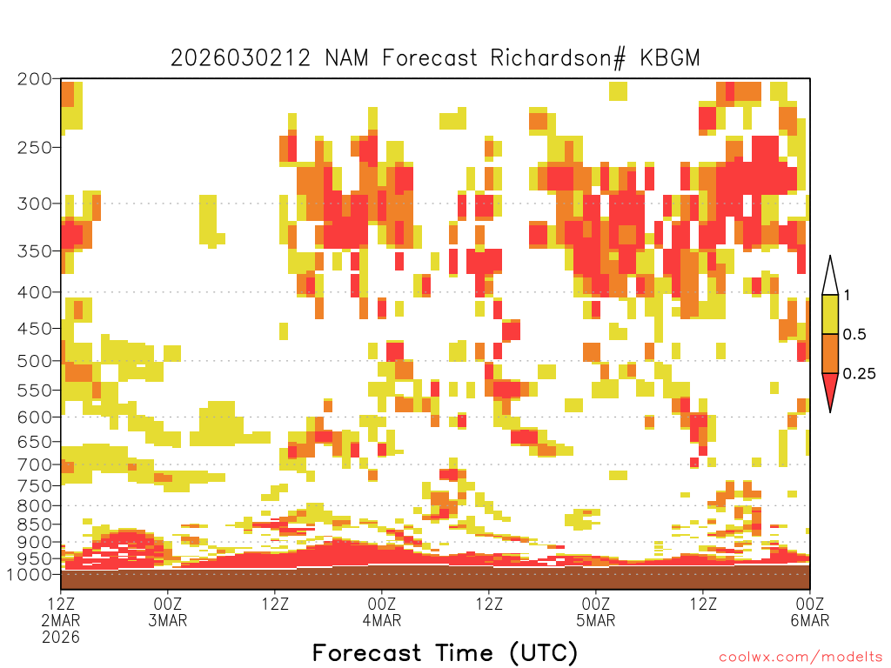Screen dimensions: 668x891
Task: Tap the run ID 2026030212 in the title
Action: pos(240,58)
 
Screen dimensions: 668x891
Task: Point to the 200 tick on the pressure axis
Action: pos(34,78)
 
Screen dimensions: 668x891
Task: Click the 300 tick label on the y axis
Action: pos(34,204)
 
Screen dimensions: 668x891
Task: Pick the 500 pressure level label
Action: pos(34,360)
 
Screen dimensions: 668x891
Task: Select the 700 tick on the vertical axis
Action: pos(34,464)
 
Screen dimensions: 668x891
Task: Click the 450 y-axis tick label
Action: pos(34,328)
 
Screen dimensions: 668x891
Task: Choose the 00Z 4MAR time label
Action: pos(382,611)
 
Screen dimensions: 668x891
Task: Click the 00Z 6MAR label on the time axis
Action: pos(810,611)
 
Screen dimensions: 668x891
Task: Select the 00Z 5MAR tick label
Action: pos(596,611)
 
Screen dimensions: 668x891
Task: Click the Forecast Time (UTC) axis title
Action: pos(445,652)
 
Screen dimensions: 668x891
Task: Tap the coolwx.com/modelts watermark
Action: pos(801,656)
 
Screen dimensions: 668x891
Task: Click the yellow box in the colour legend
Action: pos(830,315)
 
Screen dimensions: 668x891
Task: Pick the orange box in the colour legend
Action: pos(830,354)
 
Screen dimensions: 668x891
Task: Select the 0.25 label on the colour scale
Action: pos(859,374)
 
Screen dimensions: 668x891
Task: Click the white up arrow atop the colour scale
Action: pos(830,276)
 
